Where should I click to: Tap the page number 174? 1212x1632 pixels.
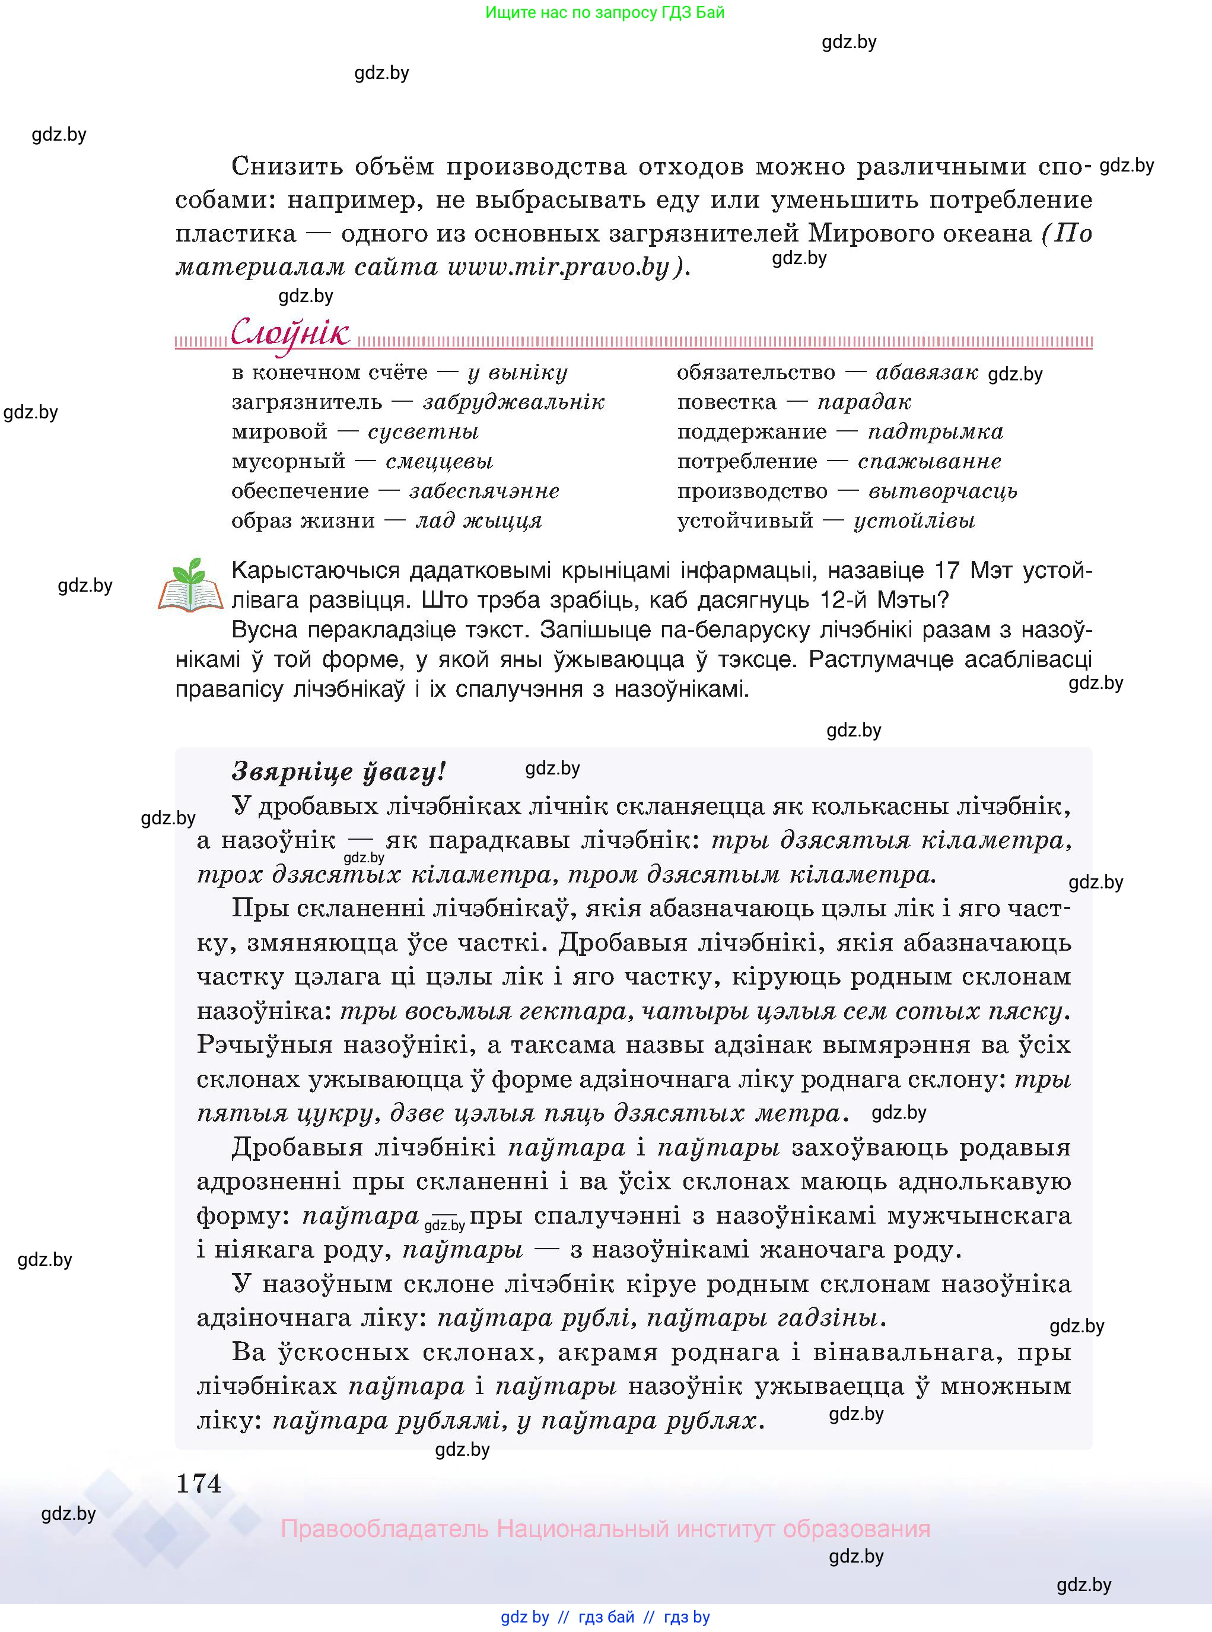click(x=198, y=1484)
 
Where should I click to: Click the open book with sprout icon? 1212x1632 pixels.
click(x=190, y=586)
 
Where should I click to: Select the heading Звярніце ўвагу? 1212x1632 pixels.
click(x=338, y=771)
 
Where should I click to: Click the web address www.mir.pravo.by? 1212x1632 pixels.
click(x=558, y=267)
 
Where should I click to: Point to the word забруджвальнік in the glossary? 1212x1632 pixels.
click(x=514, y=402)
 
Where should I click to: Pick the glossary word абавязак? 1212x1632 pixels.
click(x=927, y=373)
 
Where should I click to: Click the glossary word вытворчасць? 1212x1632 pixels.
click(x=942, y=491)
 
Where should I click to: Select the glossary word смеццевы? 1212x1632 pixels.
click(x=439, y=462)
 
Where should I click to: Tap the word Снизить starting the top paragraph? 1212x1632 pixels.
click(x=287, y=167)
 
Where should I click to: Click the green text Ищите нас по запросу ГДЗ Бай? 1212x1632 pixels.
click(x=605, y=12)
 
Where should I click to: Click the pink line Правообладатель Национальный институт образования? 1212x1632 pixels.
click(x=605, y=1529)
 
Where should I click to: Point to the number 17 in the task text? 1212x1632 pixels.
click(x=948, y=570)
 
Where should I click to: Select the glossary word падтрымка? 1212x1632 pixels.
click(x=935, y=431)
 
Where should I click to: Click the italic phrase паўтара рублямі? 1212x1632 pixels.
click(x=386, y=1421)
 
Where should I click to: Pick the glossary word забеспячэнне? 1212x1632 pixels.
click(x=484, y=491)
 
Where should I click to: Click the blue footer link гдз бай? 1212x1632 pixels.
click(x=606, y=1617)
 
